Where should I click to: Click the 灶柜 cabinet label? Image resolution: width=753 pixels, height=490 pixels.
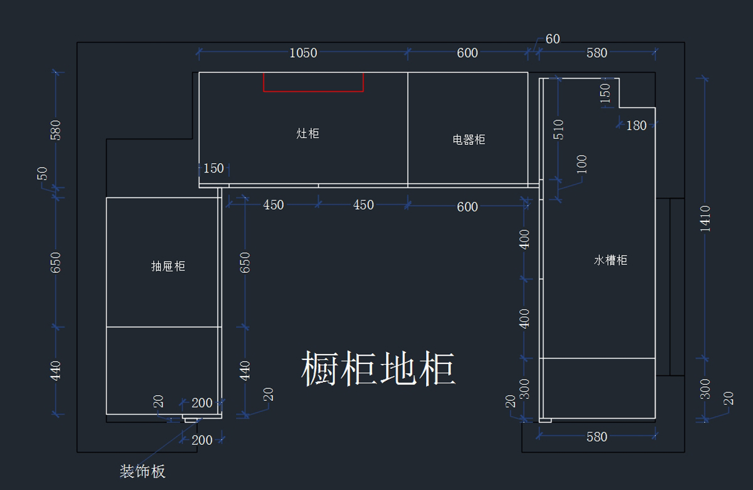(x=307, y=133)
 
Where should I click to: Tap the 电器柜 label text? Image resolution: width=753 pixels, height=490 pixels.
(x=469, y=139)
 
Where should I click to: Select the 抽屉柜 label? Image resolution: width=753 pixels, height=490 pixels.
(x=168, y=266)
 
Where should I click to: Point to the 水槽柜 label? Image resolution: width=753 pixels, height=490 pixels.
(x=611, y=260)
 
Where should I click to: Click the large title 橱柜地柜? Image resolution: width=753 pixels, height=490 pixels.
(x=378, y=369)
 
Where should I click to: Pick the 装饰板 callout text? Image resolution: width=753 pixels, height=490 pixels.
(x=143, y=471)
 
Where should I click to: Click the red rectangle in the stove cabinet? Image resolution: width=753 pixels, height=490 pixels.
(x=313, y=82)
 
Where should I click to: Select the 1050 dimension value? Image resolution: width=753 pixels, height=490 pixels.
(x=303, y=53)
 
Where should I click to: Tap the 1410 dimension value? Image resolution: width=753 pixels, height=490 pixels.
(x=706, y=218)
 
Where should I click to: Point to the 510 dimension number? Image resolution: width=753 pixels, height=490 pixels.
(x=558, y=129)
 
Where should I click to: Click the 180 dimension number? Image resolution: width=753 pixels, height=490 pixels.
(x=636, y=125)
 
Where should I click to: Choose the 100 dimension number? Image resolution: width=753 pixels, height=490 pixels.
(x=581, y=164)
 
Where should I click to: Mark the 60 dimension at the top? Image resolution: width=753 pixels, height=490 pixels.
(x=552, y=39)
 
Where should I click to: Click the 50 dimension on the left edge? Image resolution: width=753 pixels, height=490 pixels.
(x=43, y=173)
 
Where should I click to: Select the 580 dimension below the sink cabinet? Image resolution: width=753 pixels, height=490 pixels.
(x=597, y=437)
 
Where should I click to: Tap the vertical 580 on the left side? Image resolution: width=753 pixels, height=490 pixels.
(x=56, y=130)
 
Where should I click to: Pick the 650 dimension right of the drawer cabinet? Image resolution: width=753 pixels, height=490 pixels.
(x=245, y=262)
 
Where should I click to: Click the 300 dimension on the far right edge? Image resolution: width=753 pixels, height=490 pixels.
(x=705, y=388)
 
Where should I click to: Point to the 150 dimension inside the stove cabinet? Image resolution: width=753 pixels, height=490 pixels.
(x=213, y=168)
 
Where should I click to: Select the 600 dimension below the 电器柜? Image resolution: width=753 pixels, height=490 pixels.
(x=467, y=206)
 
